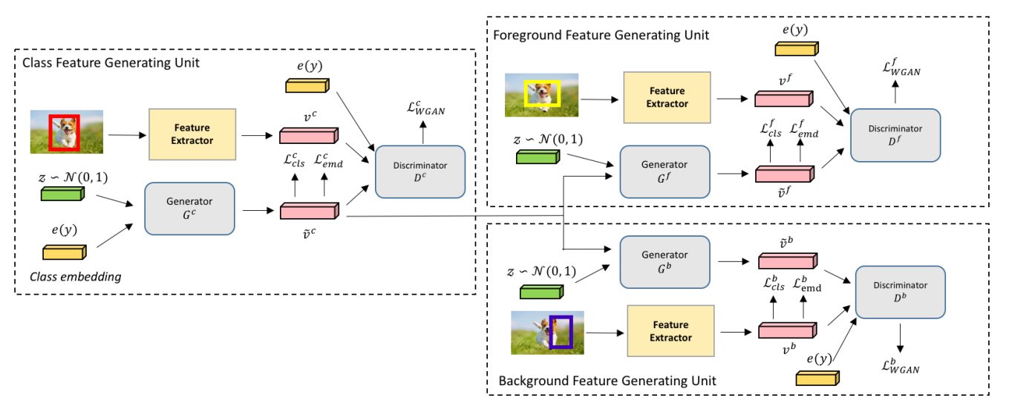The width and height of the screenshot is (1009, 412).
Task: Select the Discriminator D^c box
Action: [x=420, y=171]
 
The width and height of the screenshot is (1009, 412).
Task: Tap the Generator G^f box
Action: [x=664, y=171]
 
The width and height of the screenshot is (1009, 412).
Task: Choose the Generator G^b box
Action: [x=664, y=261]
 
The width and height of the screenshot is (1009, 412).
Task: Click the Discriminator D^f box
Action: [x=895, y=135]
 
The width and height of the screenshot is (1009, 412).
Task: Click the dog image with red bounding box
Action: [x=67, y=132]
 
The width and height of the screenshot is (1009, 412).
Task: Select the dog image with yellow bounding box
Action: [x=541, y=95]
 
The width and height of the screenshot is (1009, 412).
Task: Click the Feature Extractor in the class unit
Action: [x=192, y=134]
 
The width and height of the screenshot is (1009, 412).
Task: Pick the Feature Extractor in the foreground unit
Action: [x=667, y=97]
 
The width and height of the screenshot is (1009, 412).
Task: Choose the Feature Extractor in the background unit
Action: [x=671, y=331]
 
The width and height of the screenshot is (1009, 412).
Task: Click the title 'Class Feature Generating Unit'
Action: [x=111, y=63]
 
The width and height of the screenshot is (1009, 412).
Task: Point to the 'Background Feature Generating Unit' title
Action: [x=607, y=381]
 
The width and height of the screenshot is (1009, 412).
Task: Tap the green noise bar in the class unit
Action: [x=63, y=194]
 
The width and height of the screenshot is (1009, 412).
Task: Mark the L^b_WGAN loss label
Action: [x=900, y=365]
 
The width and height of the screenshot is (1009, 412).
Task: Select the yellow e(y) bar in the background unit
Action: [x=817, y=378]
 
